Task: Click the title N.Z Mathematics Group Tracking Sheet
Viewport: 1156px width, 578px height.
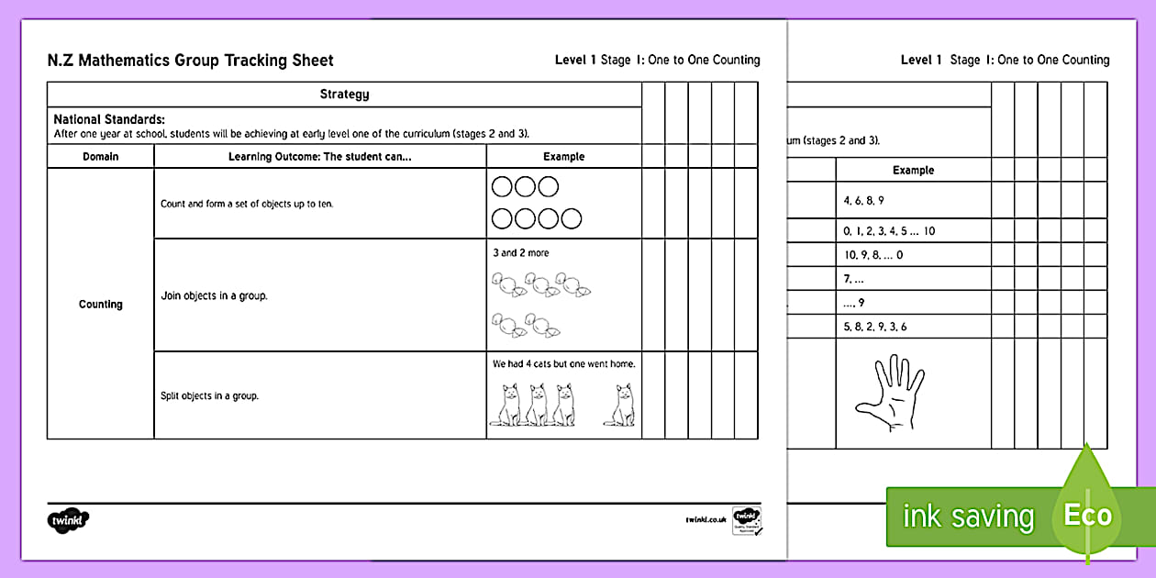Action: tap(190, 61)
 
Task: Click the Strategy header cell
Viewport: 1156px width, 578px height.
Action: tap(344, 94)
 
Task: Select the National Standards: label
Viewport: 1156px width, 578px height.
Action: tap(109, 119)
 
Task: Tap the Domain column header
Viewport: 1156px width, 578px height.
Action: tap(101, 157)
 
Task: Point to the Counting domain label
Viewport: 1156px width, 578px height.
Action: tap(101, 305)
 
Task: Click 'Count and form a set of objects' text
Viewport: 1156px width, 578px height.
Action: tap(247, 204)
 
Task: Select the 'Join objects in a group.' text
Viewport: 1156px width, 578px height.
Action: tap(214, 296)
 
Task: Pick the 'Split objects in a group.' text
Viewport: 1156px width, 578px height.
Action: tap(210, 396)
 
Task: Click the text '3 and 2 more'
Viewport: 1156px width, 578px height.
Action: tap(521, 252)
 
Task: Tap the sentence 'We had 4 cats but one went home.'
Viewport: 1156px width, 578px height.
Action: tap(564, 364)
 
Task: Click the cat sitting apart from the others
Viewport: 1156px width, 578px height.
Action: tap(619, 404)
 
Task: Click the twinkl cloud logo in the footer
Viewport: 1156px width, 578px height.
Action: tap(67, 519)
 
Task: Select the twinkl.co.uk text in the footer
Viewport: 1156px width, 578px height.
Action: tap(706, 519)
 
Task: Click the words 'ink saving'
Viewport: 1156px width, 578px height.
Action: tap(968, 517)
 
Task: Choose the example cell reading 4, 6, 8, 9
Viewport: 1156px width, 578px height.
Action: tap(863, 200)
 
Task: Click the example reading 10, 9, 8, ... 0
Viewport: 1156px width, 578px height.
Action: tap(873, 255)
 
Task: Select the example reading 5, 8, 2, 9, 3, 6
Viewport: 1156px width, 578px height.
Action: tap(874, 327)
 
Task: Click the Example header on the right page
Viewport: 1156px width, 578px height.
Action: tap(913, 171)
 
